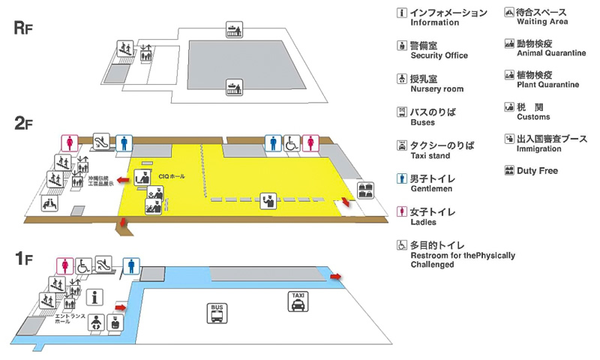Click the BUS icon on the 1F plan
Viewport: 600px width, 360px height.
click(x=217, y=313)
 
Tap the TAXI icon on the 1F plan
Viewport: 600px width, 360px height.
click(x=298, y=302)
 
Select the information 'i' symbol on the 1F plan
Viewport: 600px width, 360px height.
click(x=94, y=297)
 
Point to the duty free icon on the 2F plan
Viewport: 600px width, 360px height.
click(x=366, y=190)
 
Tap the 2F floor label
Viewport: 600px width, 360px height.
click(x=24, y=124)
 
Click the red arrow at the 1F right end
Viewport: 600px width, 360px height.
click(x=335, y=277)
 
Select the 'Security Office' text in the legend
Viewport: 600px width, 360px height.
click(x=439, y=55)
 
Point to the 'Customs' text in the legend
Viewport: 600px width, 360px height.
click(x=533, y=117)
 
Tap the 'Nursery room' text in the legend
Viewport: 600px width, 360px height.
click(x=436, y=89)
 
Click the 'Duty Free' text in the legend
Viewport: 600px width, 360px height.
click(x=537, y=171)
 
